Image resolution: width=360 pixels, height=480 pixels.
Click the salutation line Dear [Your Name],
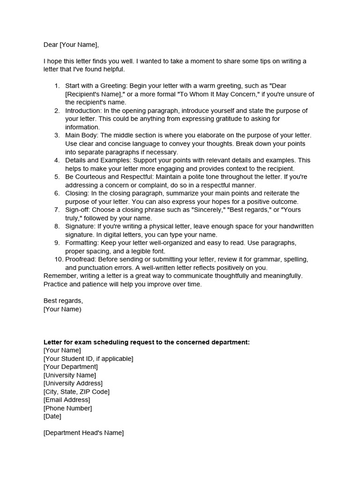(71, 45)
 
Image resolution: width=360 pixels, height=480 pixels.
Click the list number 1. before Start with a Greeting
(57, 86)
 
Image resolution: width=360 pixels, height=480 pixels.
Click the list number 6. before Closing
(57, 193)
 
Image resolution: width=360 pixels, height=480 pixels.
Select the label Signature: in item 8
(81, 226)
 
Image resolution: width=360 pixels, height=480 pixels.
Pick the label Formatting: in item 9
(83, 243)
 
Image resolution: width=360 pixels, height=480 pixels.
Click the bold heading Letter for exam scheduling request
(146, 342)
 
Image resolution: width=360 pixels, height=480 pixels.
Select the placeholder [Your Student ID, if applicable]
(88, 359)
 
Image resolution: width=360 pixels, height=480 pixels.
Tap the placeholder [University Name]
(69, 375)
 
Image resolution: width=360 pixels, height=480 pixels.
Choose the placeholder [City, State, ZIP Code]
(76, 391)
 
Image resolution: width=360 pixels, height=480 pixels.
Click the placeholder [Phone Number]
(67, 408)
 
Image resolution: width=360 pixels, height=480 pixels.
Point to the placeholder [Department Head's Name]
(83, 433)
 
